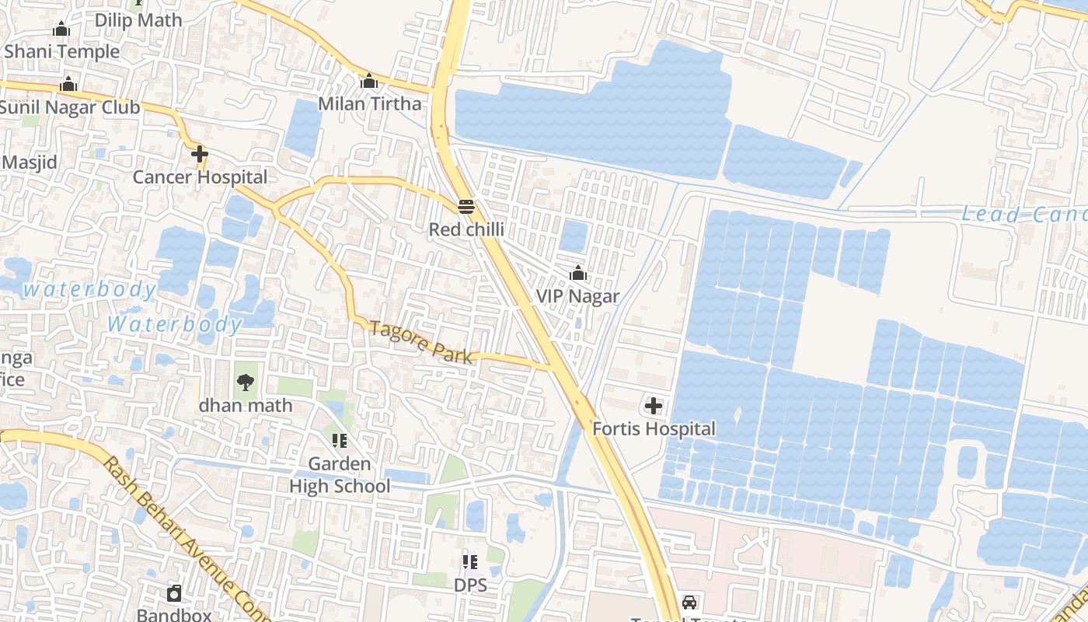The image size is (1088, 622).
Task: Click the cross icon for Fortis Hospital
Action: [x=654, y=406]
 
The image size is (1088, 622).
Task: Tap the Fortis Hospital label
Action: [x=654, y=428]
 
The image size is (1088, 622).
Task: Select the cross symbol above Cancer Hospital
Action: [x=200, y=154]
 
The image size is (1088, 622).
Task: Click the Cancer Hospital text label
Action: [x=200, y=177]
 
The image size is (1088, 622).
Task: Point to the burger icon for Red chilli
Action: [x=466, y=207]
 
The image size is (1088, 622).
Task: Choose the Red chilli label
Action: [x=466, y=229]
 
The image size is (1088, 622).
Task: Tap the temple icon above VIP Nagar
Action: [x=577, y=274]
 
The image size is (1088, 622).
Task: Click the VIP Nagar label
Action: [x=577, y=296]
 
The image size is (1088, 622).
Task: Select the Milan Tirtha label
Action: [x=370, y=103]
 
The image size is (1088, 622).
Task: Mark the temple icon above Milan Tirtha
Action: [x=369, y=81]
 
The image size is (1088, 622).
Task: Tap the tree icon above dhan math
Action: [x=246, y=382]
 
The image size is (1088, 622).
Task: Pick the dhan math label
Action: [x=246, y=405]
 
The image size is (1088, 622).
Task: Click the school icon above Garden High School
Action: [x=340, y=441]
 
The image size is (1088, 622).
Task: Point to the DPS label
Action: [x=470, y=585]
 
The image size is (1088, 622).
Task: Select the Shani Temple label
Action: [x=62, y=52]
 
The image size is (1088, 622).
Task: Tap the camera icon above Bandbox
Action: [x=175, y=594]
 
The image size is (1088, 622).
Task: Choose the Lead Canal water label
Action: [x=1023, y=215]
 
